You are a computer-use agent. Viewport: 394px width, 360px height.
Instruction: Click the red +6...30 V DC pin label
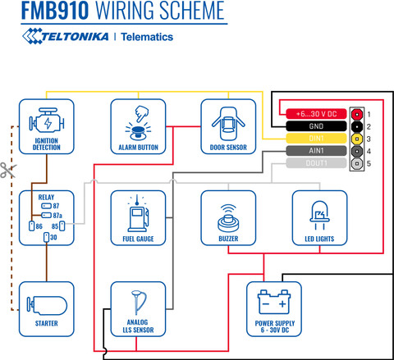pos(316,114)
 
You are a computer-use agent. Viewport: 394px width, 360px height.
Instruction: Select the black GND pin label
pos(316,126)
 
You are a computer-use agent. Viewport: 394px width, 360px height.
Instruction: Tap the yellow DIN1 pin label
pos(316,139)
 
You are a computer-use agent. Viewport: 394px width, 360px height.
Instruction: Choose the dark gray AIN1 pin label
pos(316,151)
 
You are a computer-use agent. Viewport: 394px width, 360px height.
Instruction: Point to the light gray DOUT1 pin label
pos(316,163)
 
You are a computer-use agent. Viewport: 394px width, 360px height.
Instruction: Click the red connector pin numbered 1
pos(357,114)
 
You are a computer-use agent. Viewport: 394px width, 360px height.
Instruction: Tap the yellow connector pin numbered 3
pos(357,139)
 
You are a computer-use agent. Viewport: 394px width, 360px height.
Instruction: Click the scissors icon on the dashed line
pos(8,170)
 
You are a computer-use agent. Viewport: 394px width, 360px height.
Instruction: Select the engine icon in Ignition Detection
pos(47,121)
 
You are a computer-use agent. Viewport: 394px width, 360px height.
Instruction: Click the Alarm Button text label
pos(138,148)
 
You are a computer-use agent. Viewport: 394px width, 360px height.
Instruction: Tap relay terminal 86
pos(32,226)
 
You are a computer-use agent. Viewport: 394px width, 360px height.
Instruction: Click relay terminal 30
pos(47,237)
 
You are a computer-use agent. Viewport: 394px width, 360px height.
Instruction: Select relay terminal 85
pos(62,226)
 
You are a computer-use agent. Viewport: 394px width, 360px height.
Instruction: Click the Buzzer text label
pos(228,239)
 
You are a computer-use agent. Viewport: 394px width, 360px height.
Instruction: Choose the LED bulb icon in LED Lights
pos(319,215)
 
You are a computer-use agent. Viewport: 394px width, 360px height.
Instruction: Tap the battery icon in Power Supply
pos(274,302)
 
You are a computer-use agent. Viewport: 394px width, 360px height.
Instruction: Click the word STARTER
pos(47,323)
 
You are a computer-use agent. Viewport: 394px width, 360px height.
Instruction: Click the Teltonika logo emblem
pos(32,36)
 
